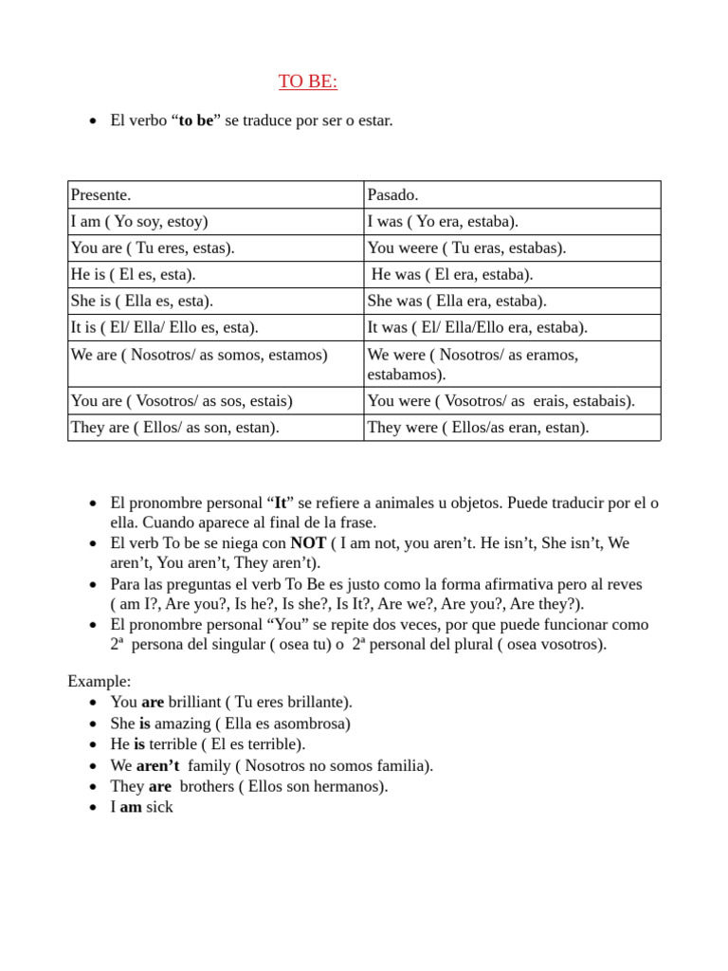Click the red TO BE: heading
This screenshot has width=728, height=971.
pyautogui.click(x=308, y=82)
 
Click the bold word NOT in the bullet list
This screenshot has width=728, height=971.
pyautogui.click(x=308, y=543)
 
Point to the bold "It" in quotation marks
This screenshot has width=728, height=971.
pyautogui.click(x=281, y=503)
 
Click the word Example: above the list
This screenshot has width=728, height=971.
pyautogui.click(x=100, y=681)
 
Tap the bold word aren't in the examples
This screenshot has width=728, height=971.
pyautogui.click(x=157, y=765)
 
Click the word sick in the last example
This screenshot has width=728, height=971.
pyautogui.click(x=159, y=807)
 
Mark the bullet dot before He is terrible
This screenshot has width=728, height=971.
pyautogui.click(x=92, y=744)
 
